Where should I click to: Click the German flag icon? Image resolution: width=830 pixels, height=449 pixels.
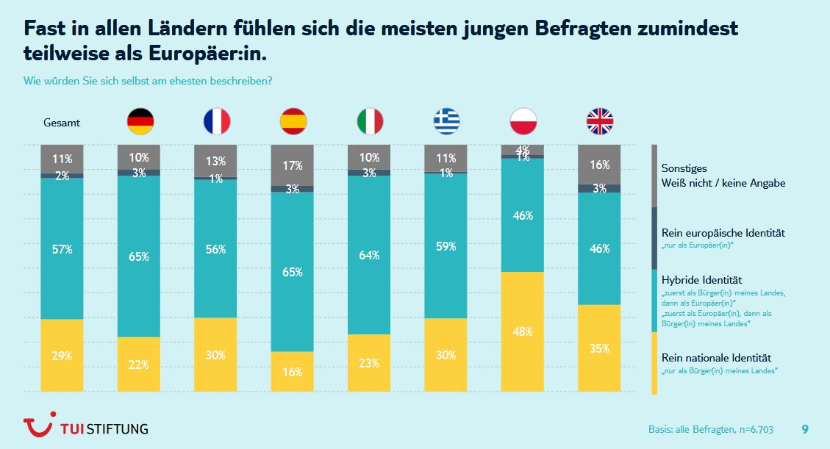(x=140, y=121)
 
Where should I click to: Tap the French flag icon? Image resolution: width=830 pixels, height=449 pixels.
(x=217, y=121)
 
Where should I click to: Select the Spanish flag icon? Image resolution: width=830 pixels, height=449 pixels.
(x=293, y=121)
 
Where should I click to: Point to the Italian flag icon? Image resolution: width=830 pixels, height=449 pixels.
(x=370, y=121)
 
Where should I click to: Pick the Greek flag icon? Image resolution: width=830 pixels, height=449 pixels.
(x=446, y=121)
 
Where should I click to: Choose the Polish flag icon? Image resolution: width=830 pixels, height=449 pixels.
(x=523, y=121)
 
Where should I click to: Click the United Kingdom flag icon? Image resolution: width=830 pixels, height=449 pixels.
(x=599, y=121)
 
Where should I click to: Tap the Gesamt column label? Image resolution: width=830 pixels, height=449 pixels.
(x=62, y=123)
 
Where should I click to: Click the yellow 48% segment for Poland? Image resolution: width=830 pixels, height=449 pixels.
(x=523, y=331)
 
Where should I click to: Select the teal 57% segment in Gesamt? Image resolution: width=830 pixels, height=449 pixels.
(x=62, y=248)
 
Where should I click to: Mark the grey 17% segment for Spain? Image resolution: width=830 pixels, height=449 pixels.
(x=293, y=165)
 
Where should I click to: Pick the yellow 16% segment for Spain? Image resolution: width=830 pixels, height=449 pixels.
(x=293, y=371)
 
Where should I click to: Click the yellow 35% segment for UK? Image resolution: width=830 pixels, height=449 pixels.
(x=599, y=348)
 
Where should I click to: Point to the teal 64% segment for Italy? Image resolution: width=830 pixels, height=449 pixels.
(x=369, y=255)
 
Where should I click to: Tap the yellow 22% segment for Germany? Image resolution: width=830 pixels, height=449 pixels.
(x=139, y=364)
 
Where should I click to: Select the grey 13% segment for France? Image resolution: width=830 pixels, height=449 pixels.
(x=216, y=160)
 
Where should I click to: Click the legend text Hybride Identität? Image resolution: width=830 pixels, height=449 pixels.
(x=701, y=280)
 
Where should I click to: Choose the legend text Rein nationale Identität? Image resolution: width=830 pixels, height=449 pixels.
(x=717, y=358)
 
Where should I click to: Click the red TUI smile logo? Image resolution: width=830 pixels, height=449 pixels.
(x=38, y=427)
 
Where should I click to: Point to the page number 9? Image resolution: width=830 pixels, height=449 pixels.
(x=805, y=428)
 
